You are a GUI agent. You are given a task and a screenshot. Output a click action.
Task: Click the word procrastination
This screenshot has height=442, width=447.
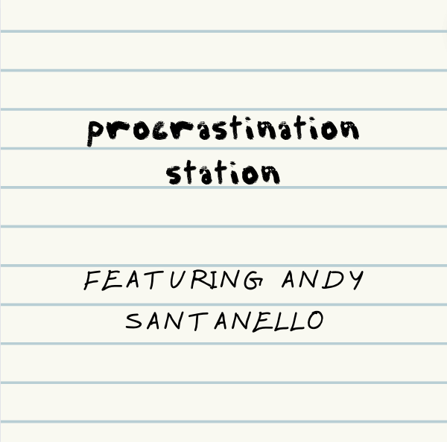(223, 131)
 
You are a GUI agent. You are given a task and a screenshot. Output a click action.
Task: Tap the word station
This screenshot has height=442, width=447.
(223, 173)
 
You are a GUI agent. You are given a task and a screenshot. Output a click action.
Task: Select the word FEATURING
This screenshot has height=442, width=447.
(174, 280)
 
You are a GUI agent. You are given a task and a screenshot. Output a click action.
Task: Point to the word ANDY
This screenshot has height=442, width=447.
(323, 280)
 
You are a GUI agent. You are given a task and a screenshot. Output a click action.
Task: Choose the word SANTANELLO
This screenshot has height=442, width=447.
(225, 321)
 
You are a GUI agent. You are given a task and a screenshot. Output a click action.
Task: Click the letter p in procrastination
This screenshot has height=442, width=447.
(95, 133)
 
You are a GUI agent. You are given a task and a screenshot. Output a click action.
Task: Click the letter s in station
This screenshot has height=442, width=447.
(174, 174)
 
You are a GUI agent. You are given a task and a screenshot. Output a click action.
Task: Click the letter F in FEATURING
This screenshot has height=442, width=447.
(92, 281)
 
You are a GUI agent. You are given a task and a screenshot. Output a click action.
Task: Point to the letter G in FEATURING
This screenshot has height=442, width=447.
(254, 281)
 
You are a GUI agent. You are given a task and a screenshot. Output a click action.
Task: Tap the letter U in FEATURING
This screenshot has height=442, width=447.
(179, 280)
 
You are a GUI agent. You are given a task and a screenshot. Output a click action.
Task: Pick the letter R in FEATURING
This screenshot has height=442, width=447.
(200, 280)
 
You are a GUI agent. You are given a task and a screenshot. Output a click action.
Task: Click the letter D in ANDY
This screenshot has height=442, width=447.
(334, 280)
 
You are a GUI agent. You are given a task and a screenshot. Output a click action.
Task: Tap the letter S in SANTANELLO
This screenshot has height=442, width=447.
(134, 321)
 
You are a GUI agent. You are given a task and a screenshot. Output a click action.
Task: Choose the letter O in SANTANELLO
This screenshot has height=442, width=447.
(316, 321)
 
